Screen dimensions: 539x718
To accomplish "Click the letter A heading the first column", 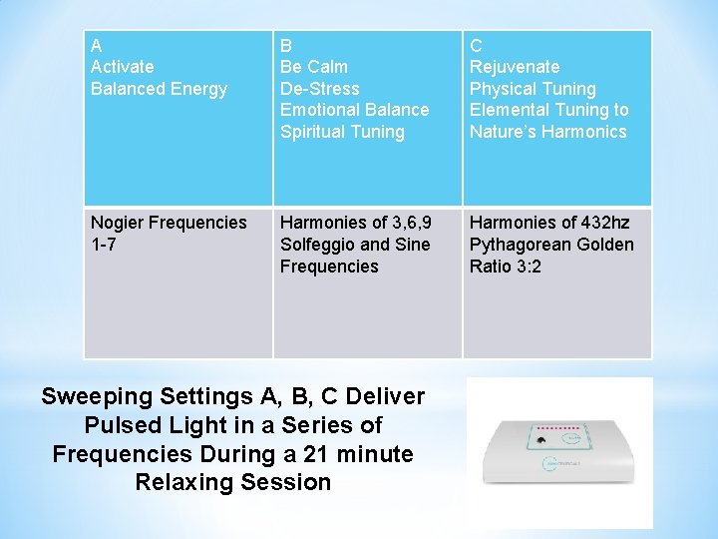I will tap(96, 45).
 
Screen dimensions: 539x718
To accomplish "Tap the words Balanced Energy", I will tap(159, 89).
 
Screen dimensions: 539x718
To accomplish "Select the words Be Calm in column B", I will tap(314, 67).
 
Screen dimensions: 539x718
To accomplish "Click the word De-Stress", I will tap(320, 89).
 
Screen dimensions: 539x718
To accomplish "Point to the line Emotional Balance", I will tap(354, 110).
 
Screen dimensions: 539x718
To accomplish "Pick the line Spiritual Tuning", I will tap(342, 132).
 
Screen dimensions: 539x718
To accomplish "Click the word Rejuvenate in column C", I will tap(515, 67).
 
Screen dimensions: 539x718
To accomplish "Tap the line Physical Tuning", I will tap(533, 89).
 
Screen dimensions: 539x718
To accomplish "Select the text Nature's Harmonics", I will tap(547, 132).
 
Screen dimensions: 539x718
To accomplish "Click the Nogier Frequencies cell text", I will tap(169, 223).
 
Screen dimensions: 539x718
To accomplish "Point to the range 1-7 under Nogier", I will tap(103, 245).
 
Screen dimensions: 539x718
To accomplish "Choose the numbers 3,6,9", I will tap(409, 223).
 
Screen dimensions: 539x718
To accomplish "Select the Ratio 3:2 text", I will tap(506, 267).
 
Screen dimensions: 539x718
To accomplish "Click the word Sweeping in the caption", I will tap(95, 396).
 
